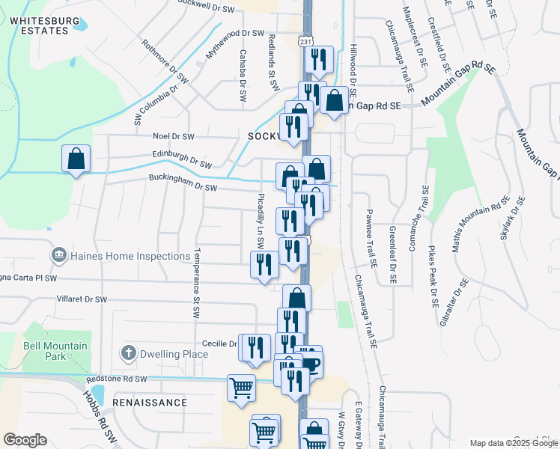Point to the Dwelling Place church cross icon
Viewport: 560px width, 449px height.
pos(128,352)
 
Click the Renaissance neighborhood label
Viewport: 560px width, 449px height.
pos(150,403)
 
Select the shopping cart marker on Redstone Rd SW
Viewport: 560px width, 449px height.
pos(241,388)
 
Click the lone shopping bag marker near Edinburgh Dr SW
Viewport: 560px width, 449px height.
pos(76,159)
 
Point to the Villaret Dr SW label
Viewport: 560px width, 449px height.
pos(82,299)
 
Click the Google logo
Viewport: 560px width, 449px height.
pos(25,440)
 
